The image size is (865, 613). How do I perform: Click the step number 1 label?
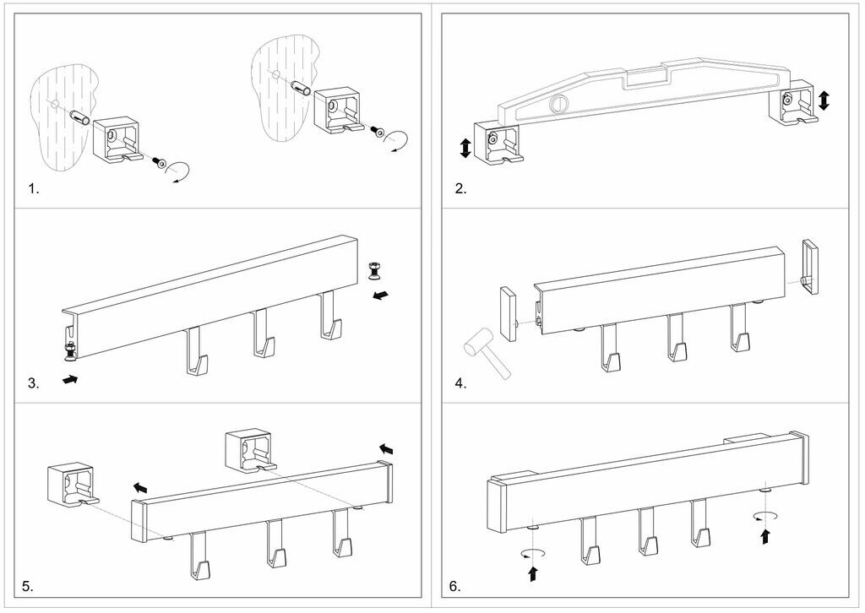pyautogui.click(x=34, y=189)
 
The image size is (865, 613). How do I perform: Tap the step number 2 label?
pyautogui.click(x=460, y=189)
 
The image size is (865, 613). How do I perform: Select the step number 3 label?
pyautogui.click(x=34, y=383)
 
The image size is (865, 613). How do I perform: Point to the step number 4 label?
pyautogui.click(x=460, y=383)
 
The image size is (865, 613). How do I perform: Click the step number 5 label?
pyautogui.click(x=28, y=585)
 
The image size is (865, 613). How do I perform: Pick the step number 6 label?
pyautogui.click(x=455, y=585)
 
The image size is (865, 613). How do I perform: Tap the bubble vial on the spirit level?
pyautogui.click(x=557, y=105)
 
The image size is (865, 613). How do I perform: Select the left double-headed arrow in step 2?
pyautogui.click(x=465, y=149)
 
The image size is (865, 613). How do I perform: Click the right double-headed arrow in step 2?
pyautogui.click(x=824, y=100)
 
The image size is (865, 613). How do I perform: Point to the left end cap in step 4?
pyautogui.click(x=507, y=312)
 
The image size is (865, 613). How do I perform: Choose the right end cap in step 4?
pyautogui.click(x=810, y=268)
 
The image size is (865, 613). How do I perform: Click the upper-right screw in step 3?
pyautogui.click(x=373, y=270)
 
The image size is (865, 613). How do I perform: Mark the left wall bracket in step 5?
pyautogui.click(x=70, y=487)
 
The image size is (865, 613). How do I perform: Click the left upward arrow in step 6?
pyautogui.click(x=533, y=574)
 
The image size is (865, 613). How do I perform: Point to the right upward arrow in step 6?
pyautogui.click(x=765, y=536)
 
